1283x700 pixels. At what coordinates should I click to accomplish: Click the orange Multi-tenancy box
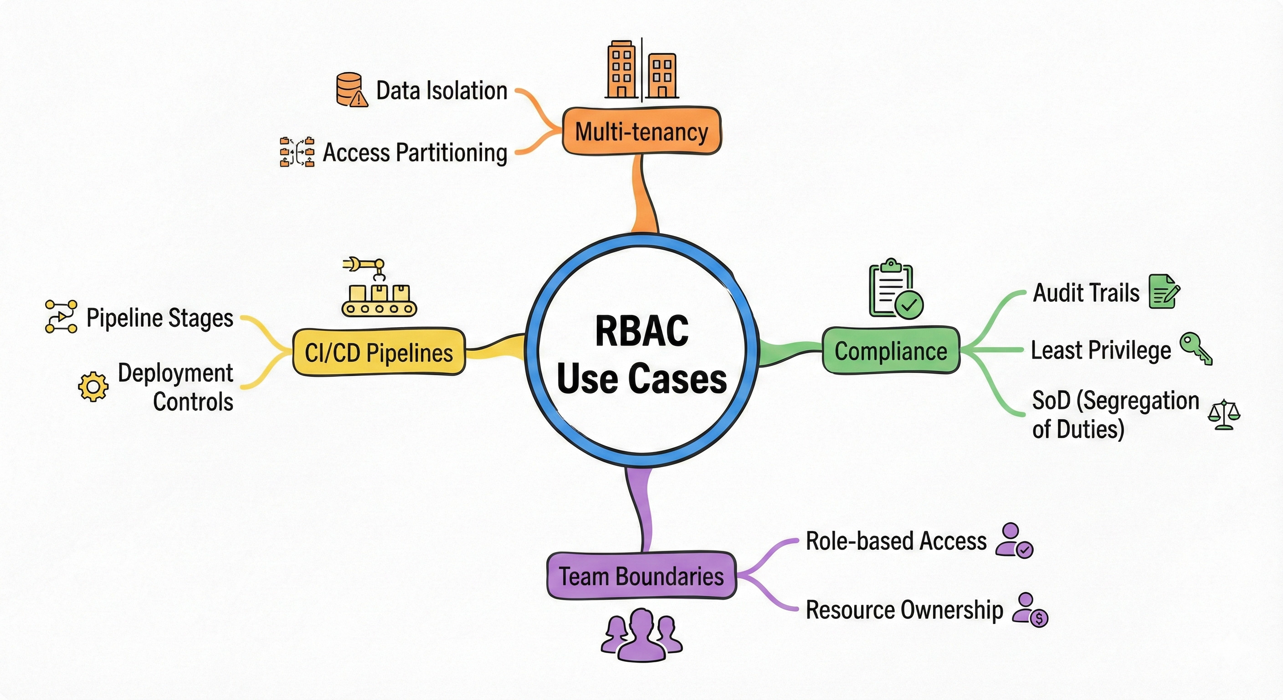coord(641,131)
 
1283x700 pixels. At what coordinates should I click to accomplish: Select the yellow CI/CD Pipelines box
coord(379,352)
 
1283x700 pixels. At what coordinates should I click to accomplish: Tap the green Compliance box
coord(891,351)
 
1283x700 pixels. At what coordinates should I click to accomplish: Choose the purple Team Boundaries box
coord(641,576)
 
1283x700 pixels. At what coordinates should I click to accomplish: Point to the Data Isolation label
coord(441,91)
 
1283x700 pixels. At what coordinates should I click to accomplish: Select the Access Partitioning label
coord(415,153)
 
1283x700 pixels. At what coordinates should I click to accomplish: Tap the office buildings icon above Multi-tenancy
coord(641,70)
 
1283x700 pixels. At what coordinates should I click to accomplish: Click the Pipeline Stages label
coord(159,317)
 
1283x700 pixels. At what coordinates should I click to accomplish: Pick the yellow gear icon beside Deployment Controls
coord(93,386)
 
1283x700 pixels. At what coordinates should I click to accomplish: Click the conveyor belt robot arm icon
coord(379,288)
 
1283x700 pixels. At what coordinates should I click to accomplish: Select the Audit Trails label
coord(1086,293)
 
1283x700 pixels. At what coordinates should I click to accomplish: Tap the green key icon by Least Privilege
coord(1196,348)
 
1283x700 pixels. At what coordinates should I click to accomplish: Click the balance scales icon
coord(1224,415)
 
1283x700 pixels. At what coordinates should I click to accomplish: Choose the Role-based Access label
coord(896,541)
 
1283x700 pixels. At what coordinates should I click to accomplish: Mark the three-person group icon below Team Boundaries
coord(641,635)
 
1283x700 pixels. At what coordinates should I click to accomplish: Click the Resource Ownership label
coord(904,610)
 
